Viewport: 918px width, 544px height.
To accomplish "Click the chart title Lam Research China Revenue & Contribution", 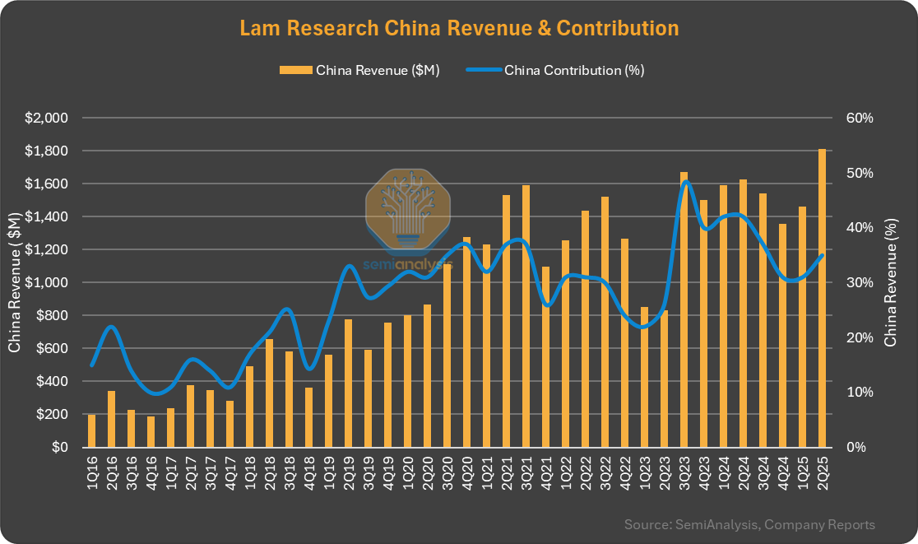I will pyautogui.click(x=459, y=28).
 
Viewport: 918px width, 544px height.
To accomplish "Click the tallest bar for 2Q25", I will pyautogui.click(x=823, y=298).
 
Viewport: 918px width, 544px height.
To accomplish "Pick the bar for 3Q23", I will pyautogui.click(x=684, y=309).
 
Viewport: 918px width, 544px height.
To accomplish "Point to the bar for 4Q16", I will pyautogui.click(x=151, y=432).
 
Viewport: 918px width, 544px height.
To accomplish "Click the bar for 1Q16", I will pyautogui.click(x=92, y=430).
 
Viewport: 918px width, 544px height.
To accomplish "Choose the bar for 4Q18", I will pyautogui.click(x=309, y=417).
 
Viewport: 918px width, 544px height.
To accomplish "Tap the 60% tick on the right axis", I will pyautogui.click(x=859, y=118).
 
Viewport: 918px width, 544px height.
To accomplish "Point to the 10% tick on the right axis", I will pyautogui.click(x=859, y=392).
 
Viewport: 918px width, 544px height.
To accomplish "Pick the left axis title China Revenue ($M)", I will pyautogui.click(x=15, y=282).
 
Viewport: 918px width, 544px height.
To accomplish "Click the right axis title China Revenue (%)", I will pyautogui.click(x=890, y=282).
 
